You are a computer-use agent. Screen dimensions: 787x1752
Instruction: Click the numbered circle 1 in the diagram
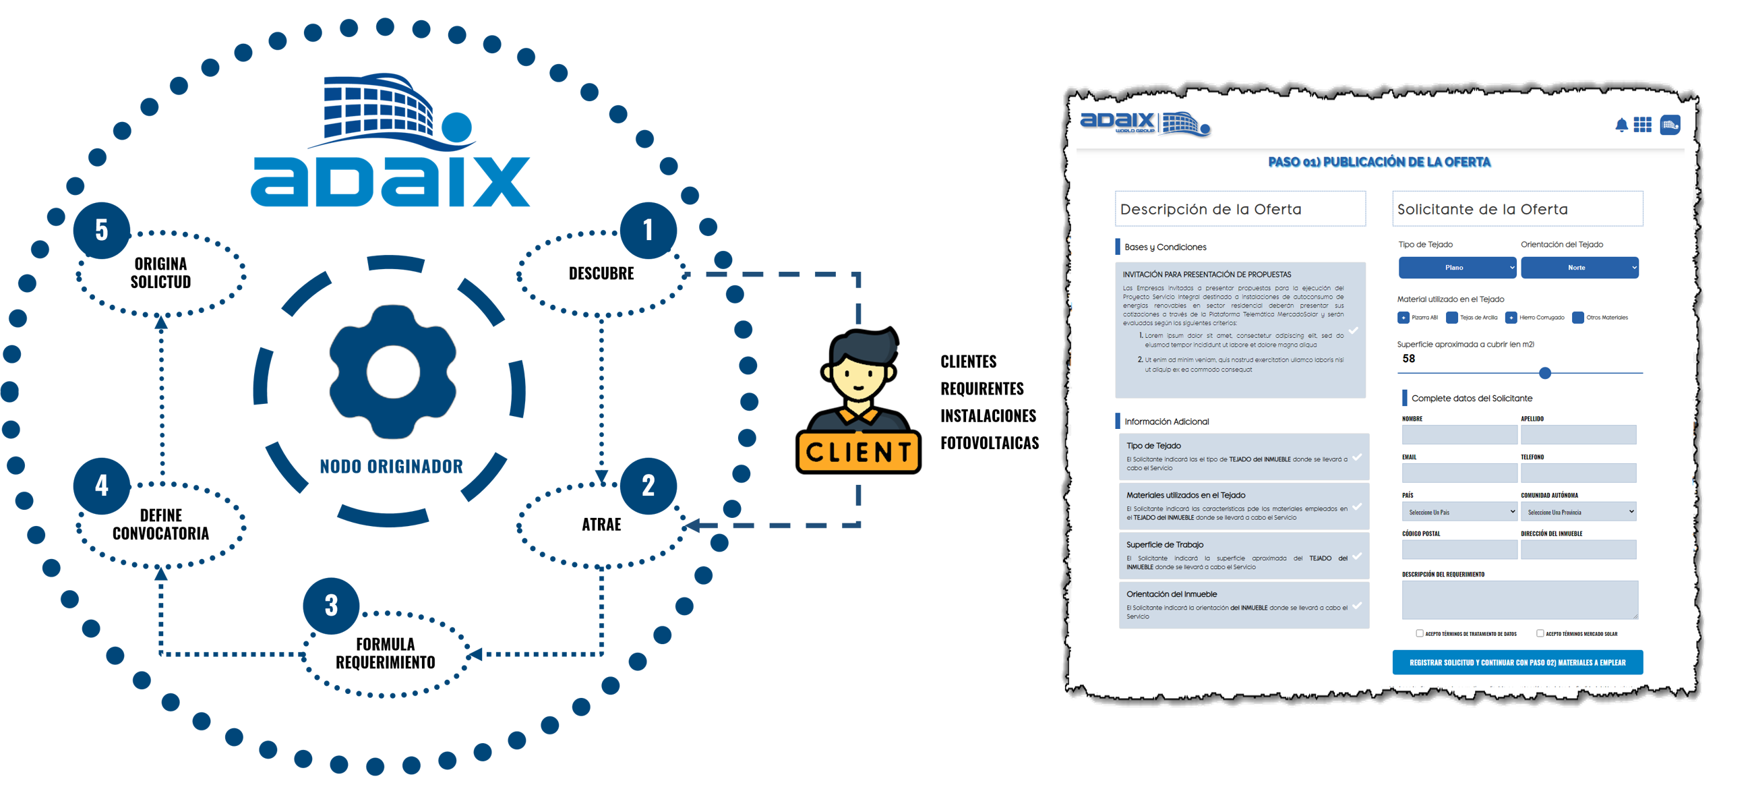[x=648, y=230]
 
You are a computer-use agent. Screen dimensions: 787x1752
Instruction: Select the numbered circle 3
[x=331, y=606]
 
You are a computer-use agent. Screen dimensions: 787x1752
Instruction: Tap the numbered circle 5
[x=101, y=230]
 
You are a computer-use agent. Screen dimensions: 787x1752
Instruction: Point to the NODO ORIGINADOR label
[x=391, y=467]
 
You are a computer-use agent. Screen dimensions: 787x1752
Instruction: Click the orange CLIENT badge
[x=858, y=452]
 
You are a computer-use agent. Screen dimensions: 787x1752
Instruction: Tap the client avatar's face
[x=858, y=378]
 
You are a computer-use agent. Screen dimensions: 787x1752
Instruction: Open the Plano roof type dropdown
[x=1457, y=267]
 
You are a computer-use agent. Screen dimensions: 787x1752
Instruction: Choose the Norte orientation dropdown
[x=1579, y=267]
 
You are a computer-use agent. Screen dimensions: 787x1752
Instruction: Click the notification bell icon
[x=1621, y=125]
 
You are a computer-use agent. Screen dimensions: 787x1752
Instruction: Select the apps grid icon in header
[x=1643, y=125]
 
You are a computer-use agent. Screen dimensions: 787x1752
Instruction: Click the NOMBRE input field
[x=1459, y=435]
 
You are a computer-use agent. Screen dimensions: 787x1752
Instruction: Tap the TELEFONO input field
[x=1578, y=473]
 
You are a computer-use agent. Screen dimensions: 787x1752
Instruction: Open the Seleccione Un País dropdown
[x=1459, y=511]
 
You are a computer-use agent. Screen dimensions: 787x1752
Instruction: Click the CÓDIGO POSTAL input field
[x=1459, y=550]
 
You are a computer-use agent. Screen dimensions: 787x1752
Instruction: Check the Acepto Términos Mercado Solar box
[x=1540, y=633]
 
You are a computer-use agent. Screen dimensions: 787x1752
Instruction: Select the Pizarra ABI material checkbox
[x=1403, y=318]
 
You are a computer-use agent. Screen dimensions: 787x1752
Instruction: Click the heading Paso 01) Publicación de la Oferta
[x=1379, y=162]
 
